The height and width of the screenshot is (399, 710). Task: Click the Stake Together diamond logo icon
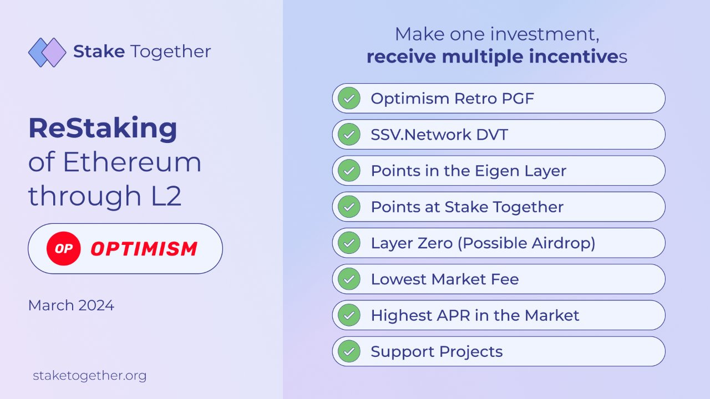point(47,52)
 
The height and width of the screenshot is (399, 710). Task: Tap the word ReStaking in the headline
point(103,129)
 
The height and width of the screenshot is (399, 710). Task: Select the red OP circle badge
point(63,249)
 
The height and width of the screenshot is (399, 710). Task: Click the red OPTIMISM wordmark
point(144,249)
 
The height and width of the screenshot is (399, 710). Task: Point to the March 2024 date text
point(71,305)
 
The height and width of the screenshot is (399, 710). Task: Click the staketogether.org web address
point(90,376)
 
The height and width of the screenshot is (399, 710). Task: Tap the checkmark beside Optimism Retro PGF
point(349,98)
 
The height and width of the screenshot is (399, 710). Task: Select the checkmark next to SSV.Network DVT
point(349,134)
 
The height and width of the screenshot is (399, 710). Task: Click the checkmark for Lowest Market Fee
point(349,279)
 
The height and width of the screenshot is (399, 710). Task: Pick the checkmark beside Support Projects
point(349,351)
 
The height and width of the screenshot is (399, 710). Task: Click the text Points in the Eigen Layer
point(469,171)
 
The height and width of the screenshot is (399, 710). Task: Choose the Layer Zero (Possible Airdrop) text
point(483,243)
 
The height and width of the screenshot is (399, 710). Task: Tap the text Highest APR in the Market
point(475,315)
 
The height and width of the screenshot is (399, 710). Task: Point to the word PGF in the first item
point(518,99)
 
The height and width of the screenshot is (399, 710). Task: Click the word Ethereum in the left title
point(132,162)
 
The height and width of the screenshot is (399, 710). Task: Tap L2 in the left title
point(166,196)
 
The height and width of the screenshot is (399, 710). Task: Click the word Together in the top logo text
point(170,52)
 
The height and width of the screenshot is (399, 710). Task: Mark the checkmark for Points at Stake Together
point(349,207)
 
